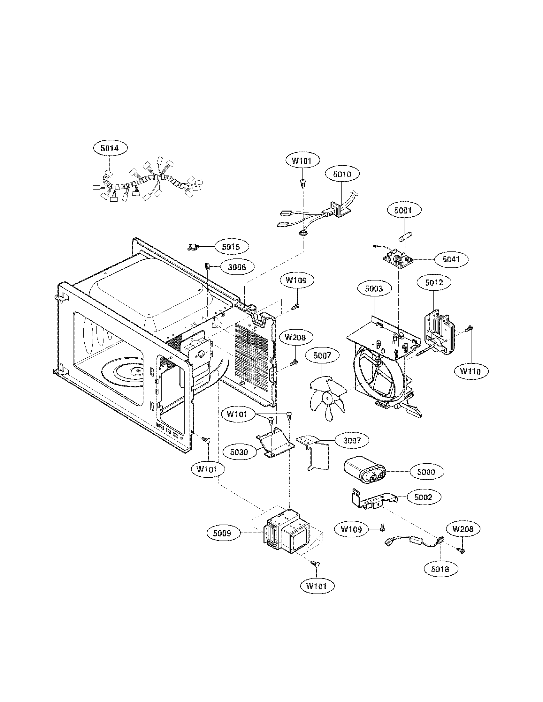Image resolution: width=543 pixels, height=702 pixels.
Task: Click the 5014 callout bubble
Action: tap(110, 148)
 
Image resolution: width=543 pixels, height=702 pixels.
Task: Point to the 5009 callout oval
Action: tap(222, 533)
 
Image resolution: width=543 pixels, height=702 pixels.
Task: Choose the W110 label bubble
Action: tap(472, 371)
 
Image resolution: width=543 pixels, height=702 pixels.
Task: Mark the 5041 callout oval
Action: tap(451, 259)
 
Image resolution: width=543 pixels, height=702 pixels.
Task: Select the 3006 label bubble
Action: tap(237, 267)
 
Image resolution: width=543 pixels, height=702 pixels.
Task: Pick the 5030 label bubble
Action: tap(239, 452)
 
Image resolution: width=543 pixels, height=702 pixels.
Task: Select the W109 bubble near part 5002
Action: tap(351, 529)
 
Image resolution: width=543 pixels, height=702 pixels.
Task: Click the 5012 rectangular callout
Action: tap(434, 282)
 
